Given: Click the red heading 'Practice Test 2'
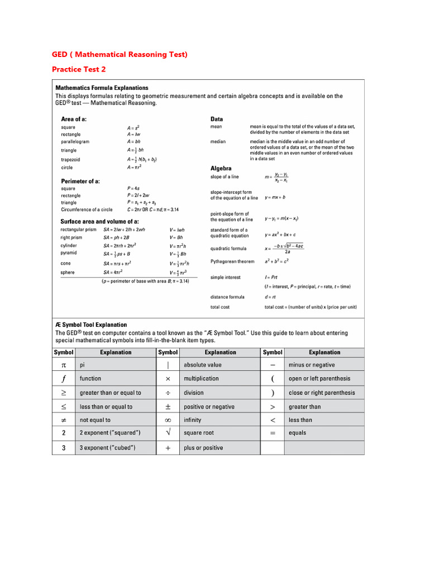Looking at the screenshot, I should pos(79,69).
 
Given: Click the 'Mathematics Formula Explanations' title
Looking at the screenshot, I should pos(102,88).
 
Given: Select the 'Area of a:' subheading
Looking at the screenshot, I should pos(73,119).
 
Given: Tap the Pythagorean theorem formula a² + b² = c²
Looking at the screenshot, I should pos(277,261).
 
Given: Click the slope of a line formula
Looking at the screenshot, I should pos(277,177).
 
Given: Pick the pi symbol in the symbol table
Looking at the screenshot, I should pos(64,365).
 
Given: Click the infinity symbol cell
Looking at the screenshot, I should pos(168,420).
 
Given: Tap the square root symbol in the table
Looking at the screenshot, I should pos(168,433).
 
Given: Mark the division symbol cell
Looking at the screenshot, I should pos(168,393).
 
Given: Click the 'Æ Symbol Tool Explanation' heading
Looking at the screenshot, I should pos(91,325).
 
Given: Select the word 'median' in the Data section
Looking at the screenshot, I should pos(218,142).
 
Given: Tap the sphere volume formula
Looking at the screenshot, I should pos(179,273).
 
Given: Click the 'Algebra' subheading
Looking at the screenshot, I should pos(221,168).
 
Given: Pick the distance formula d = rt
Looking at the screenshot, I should pos(271,297).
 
